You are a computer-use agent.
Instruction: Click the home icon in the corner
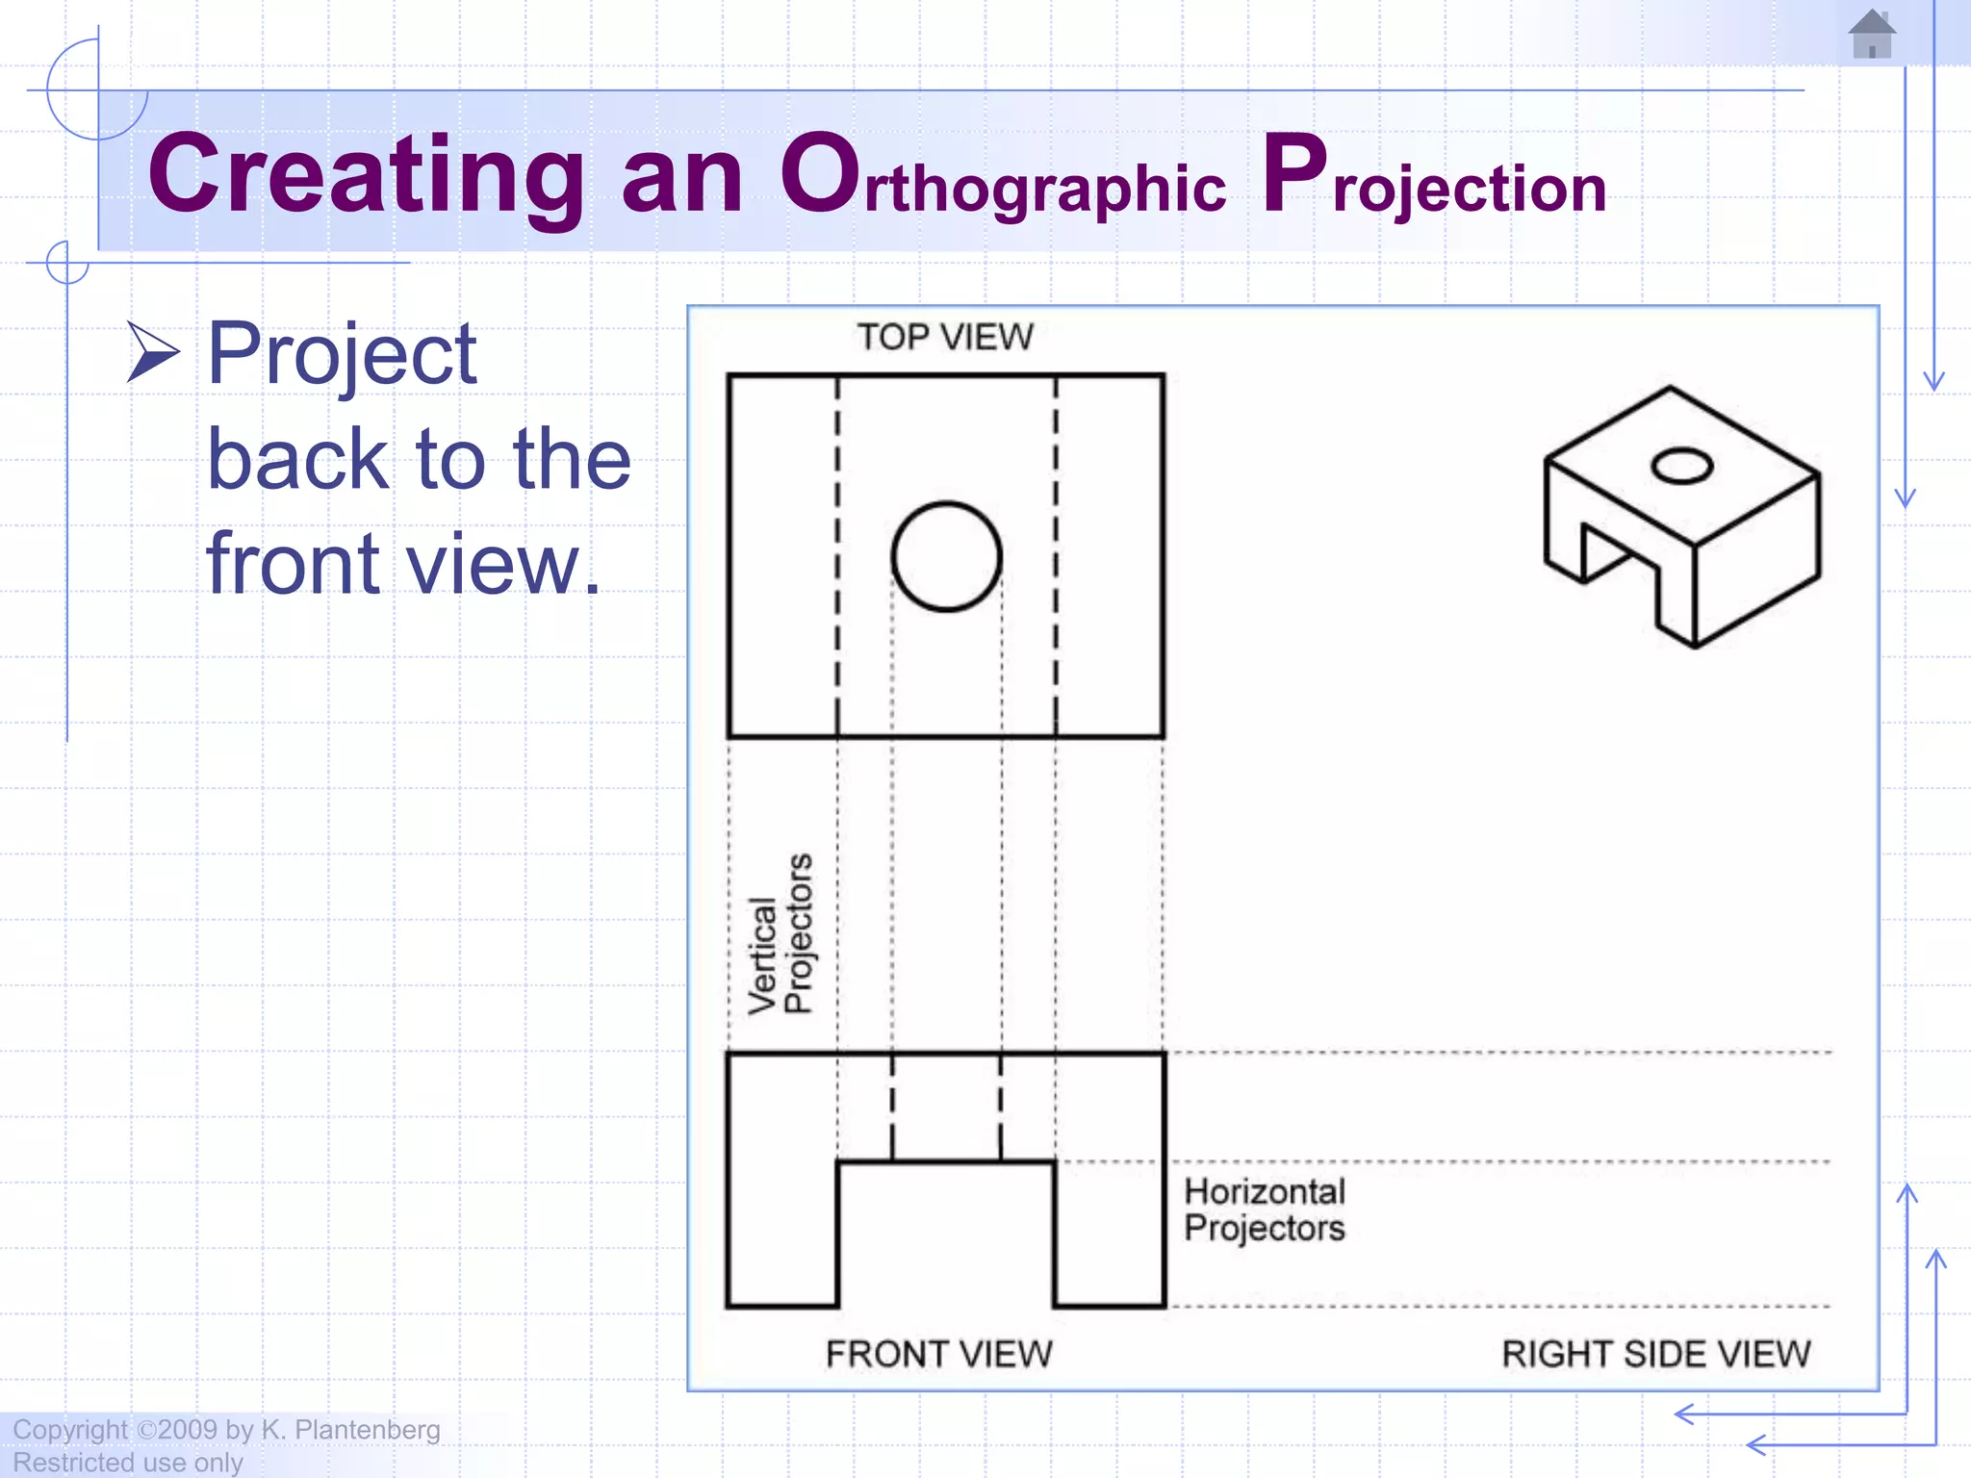[1872, 35]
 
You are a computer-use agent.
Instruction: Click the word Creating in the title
[366, 175]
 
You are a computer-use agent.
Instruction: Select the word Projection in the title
[1434, 179]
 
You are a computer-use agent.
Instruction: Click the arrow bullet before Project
[153, 353]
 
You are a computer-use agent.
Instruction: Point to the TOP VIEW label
[945, 338]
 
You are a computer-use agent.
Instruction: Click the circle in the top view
[946, 556]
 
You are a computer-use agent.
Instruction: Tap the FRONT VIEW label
[939, 1354]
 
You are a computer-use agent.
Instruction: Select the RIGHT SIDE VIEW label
[1655, 1354]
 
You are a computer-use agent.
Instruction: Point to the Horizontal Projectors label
[1265, 1210]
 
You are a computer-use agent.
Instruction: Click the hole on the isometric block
[1681, 467]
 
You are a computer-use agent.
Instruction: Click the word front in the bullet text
[294, 564]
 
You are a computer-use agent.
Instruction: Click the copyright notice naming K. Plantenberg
[226, 1430]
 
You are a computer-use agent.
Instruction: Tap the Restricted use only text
[127, 1463]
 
